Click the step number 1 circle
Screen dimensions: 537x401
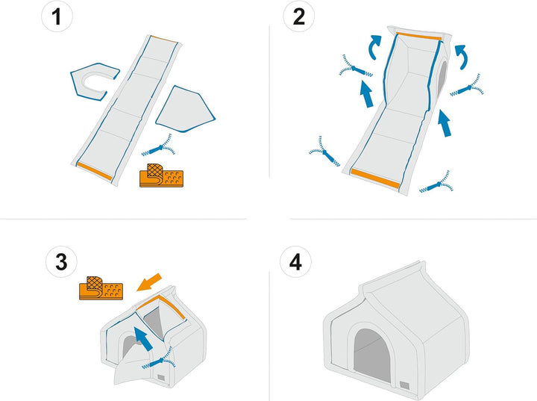tap(57, 16)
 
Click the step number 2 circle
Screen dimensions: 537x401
tap(298, 16)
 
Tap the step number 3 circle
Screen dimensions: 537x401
tap(61, 261)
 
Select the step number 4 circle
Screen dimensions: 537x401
tap(295, 261)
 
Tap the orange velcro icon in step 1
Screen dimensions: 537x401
tap(161, 175)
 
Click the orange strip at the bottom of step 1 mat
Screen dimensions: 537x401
tap(95, 171)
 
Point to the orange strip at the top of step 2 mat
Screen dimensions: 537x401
tap(419, 36)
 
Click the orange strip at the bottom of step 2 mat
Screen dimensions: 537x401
tap(376, 178)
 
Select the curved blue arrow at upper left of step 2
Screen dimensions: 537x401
tap(374, 46)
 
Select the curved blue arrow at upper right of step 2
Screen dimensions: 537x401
tap(462, 56)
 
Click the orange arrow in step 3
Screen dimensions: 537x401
tap(149, 282)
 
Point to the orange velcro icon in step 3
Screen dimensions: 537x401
tap(101, 287)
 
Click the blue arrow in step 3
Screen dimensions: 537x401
tap(143, 339)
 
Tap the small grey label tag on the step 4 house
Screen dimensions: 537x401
tap(404, 385)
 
